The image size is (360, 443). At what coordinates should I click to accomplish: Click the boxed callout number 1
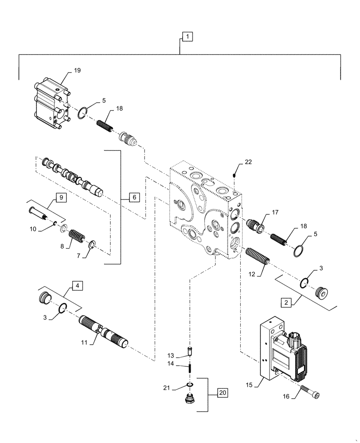pos(187,37)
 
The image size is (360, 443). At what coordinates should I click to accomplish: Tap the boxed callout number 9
pos(61,196)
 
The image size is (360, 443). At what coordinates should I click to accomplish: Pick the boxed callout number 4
pos(77,286)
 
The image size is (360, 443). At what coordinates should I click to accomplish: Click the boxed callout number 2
pos(286,303)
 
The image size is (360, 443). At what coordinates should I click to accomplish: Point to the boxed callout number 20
pos(223,393)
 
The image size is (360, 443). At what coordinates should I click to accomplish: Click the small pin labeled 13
pos(189,352)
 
